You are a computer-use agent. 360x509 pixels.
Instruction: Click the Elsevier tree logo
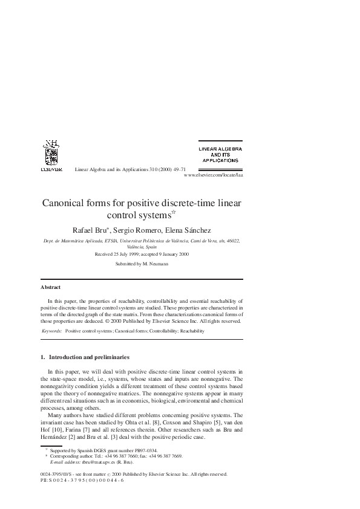(x=51, y=154)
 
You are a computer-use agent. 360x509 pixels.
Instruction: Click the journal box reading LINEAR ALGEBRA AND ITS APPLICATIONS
(x=220, y=154)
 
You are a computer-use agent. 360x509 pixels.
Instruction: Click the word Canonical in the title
(x=66, y=203)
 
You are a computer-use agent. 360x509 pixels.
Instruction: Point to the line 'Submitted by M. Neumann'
(x=142, y=264)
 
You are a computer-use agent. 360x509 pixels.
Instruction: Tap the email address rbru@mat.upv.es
(x=92, y=462)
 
